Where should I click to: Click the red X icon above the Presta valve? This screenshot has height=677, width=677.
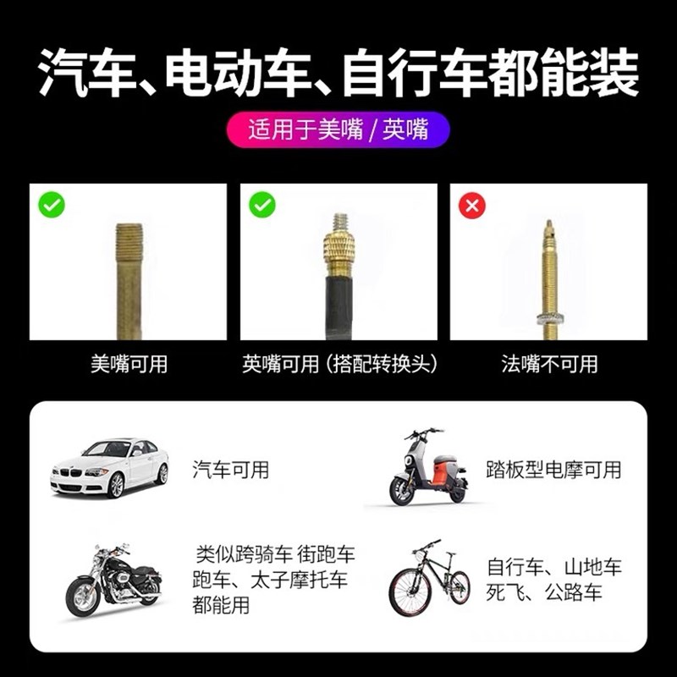tap(471, 206)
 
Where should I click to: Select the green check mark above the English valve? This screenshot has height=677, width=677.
tap(262, 206)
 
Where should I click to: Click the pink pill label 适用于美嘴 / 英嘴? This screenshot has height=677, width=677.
tap(338, 131)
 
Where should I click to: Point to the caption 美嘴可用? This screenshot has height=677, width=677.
tap(129, 365)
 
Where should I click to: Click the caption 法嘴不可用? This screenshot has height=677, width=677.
tap(549, 365)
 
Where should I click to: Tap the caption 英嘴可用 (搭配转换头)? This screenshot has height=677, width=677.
tap(339, 365)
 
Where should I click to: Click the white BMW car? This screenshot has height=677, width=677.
tap(110, 467)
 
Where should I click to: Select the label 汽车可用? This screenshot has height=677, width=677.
tap(230, 468)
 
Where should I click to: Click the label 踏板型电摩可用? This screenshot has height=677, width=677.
tap(553, 468)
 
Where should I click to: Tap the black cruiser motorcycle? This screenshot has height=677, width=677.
tap(113, 580)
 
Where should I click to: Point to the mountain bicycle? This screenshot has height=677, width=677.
tap(429, 579)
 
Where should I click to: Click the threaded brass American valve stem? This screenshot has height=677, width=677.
tap(129, 269)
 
